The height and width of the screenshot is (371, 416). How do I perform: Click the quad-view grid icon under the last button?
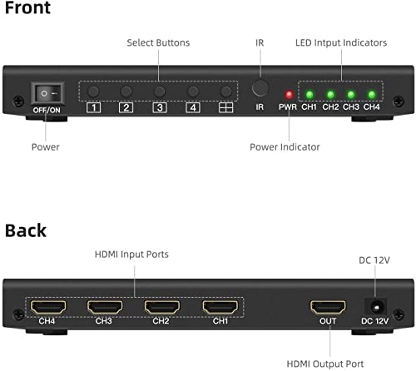(225, 107)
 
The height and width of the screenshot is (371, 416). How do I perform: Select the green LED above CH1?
(309, 94)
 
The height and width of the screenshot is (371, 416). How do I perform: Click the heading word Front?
(28, 9)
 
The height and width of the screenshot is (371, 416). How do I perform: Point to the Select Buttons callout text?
(158, 42)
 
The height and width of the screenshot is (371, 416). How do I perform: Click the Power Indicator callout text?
(285, 147)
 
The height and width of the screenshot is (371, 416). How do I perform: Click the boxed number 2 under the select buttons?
(126, 107)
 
